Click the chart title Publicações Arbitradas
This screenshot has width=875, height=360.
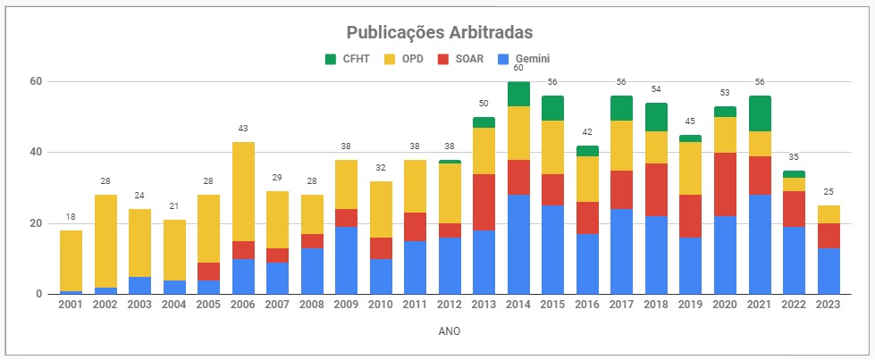(x=439, y=32)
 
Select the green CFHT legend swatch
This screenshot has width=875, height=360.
(x=329, y=59)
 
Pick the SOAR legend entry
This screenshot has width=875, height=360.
(x=458, y=59)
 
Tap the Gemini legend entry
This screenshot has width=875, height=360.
(x=524, y=59)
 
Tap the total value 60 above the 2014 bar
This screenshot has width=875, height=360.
(x=518, y=68)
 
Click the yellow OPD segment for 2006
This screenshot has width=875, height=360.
(x=243, y=191)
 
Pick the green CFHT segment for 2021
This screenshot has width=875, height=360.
(x=760, y=113)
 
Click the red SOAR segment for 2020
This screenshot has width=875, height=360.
(x=725, y=184)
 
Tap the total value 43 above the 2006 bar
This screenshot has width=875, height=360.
(x=243, y=129)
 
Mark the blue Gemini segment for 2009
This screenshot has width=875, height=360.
(x=347, y=260)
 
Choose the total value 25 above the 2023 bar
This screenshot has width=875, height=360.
(x=828, y=192)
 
